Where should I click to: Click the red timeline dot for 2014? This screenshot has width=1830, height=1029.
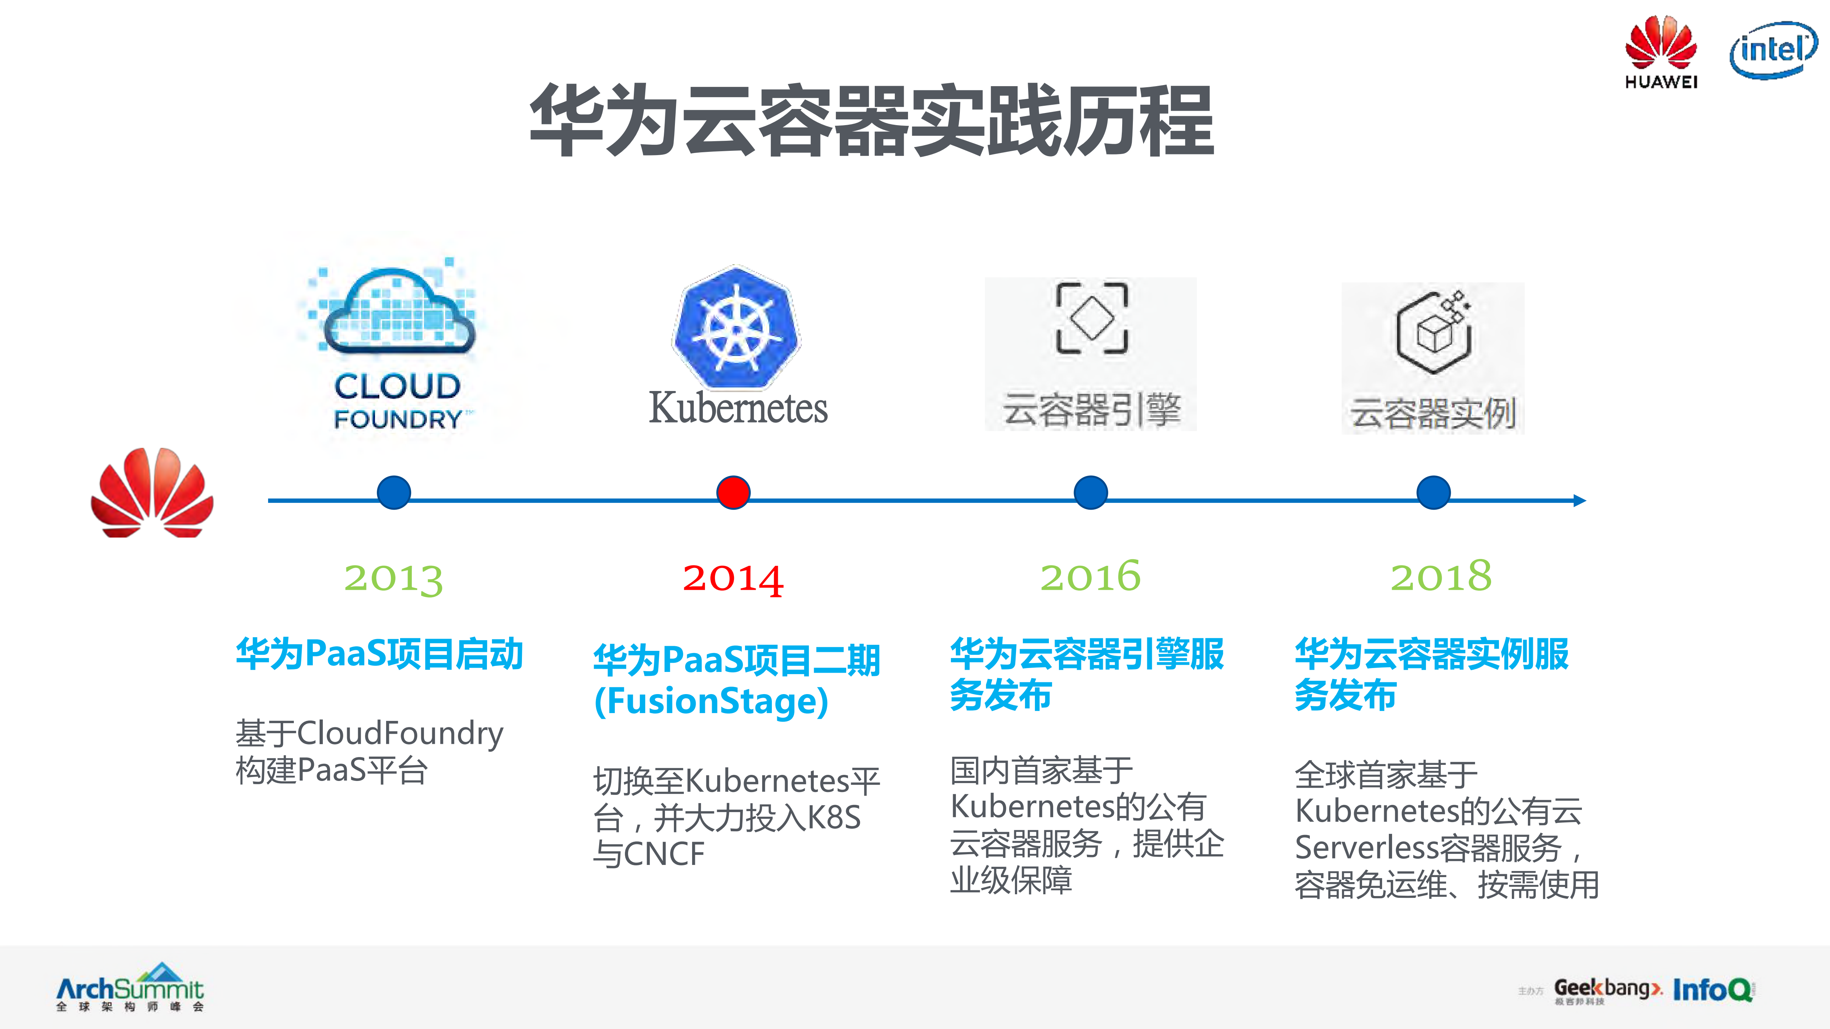[733, 492]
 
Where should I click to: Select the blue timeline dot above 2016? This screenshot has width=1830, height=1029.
[1090, 492]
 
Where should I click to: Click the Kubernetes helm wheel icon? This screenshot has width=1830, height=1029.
[736, 328]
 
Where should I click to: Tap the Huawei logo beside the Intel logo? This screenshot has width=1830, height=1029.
[1661, 51]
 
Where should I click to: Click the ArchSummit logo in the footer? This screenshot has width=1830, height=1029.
[130, 987]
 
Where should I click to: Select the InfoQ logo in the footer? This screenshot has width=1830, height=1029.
[1712, 989]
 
